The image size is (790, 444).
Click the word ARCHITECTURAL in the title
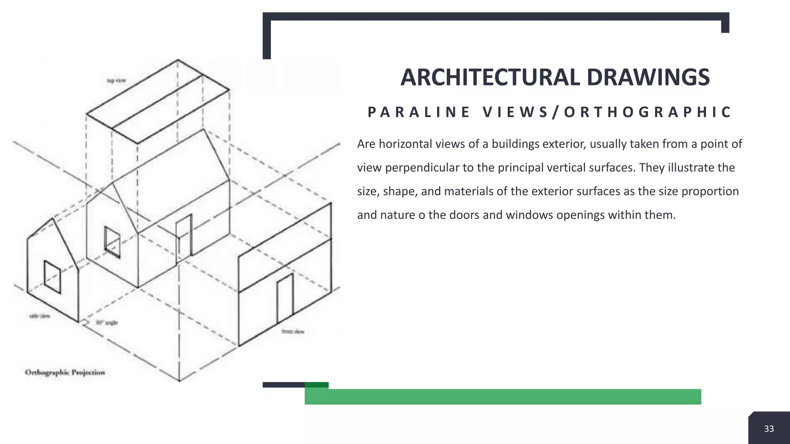coord(490,77)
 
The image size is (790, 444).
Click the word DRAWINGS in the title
coord(648,77)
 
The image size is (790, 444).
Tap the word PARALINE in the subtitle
coord(419,112)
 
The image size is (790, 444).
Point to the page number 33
coord(769,429)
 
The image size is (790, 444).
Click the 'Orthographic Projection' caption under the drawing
coord(65,372)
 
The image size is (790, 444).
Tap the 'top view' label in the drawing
coord(116,81)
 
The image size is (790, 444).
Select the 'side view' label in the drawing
coord(40,316)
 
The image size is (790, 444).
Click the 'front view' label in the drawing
coord(293,331)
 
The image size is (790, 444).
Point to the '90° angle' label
coord(106,323)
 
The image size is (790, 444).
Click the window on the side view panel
coord(52,277)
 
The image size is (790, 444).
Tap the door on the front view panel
coord(285,299)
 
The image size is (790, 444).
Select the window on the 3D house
coord(112,242)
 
